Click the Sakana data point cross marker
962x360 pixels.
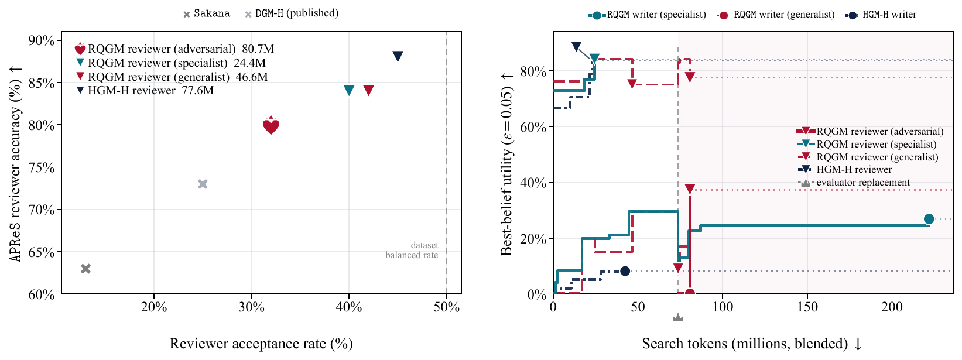pos(86,269)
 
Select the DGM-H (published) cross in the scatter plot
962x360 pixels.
pos(203,184)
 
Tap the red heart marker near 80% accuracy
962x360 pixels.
pos(271,126)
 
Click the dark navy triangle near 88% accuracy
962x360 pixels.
pos(398,56)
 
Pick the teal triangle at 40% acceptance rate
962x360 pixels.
pos(349,90)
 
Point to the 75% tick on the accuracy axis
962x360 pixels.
pos(42,167)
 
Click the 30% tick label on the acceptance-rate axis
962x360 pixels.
pos(251,307)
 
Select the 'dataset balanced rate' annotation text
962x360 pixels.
pos(412,250)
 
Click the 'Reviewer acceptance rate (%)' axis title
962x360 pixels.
pos(261,343)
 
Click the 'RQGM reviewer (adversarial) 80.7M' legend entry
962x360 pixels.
pos(174,49)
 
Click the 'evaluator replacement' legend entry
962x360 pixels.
pos(854,183)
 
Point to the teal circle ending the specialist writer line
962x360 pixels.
pos(929,219)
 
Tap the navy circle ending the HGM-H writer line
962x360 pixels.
pos(625,271)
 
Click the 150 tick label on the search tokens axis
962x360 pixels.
pos(807,307)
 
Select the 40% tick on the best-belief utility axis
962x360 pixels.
pos(533,183)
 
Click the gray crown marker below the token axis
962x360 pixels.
pos(678,317)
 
